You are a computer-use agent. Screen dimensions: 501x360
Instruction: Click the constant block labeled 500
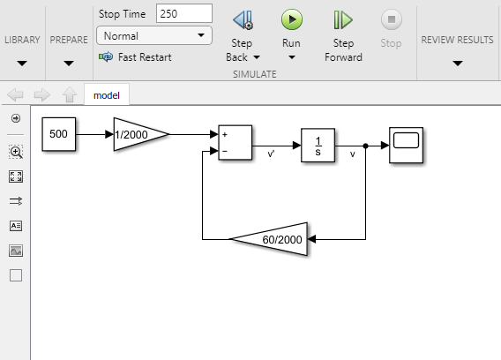59,134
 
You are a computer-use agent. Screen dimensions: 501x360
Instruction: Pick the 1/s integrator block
318,146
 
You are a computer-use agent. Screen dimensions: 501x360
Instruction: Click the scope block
406,146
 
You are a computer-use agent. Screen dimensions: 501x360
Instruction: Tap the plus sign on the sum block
225,135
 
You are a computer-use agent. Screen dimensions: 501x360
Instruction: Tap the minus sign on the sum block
225,151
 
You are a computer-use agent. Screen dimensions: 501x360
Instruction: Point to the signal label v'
271,154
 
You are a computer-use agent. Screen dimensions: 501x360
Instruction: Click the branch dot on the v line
365,146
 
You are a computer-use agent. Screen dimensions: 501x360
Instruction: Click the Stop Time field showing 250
184,13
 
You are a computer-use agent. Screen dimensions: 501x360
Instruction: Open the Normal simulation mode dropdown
154,35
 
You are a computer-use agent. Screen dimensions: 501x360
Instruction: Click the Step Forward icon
343,19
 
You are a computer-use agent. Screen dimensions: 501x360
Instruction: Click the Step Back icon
243,19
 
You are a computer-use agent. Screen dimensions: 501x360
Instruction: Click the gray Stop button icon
392,19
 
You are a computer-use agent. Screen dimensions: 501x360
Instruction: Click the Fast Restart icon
106,56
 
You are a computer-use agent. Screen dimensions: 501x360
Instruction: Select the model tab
107,95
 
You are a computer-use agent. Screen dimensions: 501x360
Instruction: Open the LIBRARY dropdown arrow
22,64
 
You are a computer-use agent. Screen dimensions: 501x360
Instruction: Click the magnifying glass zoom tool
16,152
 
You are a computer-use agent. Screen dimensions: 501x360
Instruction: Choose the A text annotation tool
16,226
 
